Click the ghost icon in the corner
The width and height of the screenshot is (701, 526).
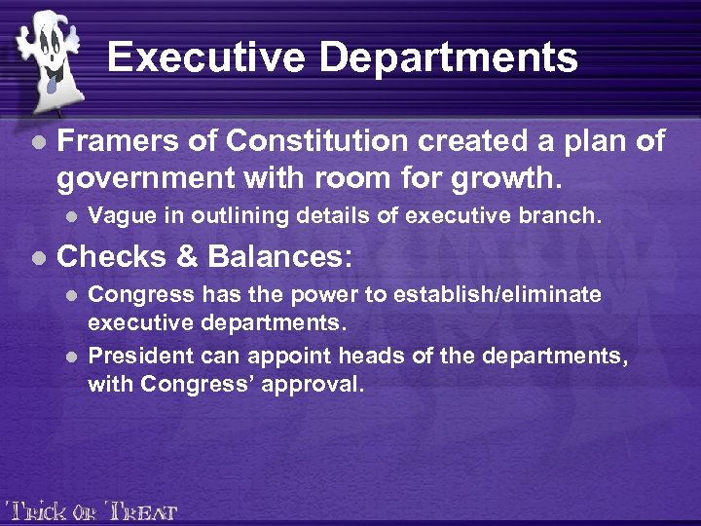[47, 55]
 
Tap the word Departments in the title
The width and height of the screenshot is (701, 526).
[450, 57]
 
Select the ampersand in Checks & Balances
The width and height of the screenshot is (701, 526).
[185, 257]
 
